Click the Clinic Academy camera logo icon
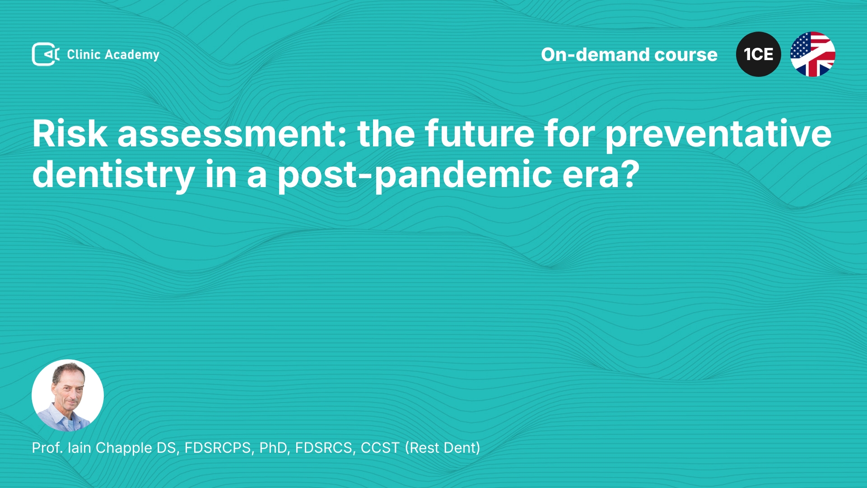tap(46, 54)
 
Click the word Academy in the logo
tap(132, 55)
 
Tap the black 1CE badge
tap(759, 54)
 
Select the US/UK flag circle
tap(813, 54)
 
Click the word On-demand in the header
tap(595, 55)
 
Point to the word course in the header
tap(686, 55)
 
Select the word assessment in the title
tap(228, 134)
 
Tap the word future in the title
tap(479, 134)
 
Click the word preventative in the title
tap(718, 135)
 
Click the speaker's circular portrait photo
tap(68, 395)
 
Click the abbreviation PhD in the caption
tap(273, 448)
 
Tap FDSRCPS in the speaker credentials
tap(218, 448)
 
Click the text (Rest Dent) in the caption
tap(443, 448)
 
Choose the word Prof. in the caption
tap(47, 448)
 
